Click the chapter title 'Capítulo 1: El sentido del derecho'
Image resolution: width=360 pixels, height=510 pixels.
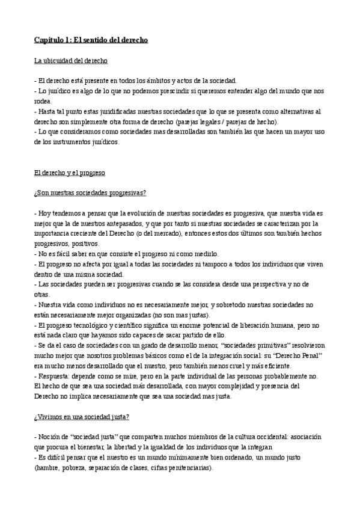coord(91,40)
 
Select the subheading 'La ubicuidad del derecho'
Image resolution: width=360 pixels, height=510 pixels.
coord(71,61)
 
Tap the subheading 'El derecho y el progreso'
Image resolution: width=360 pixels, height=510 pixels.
coord(70,173)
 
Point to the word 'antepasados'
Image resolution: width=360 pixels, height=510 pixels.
coord(121,224)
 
